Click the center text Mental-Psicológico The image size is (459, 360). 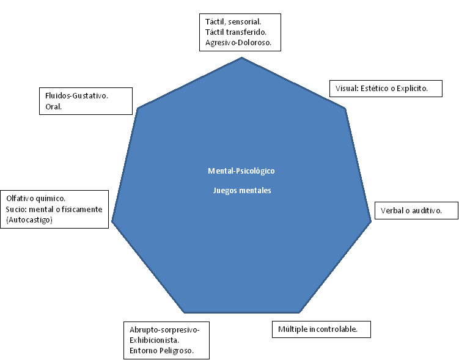pos(242,171)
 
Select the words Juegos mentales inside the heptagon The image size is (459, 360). pos(242,190)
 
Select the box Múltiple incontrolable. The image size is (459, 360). pos(321,329)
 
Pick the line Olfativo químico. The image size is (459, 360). pos(35,198)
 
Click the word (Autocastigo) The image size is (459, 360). pos(29,219)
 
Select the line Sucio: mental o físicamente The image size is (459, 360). pos(54,209)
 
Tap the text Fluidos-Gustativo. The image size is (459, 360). pos(77,96)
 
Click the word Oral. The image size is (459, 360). pos(54,107)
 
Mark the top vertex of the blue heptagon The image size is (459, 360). pos(242,57)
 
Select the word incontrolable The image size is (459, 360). pos(334,329)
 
